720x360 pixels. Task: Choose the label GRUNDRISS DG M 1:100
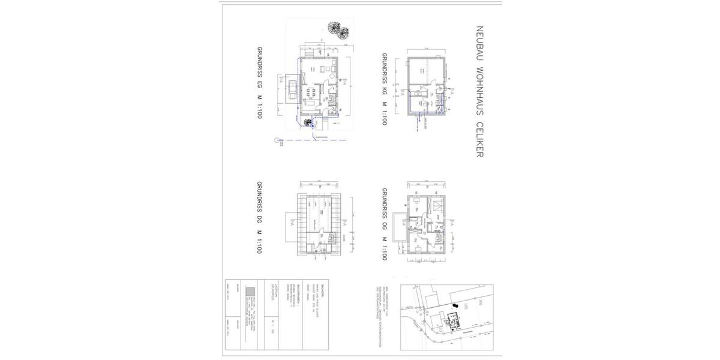click(260, 217)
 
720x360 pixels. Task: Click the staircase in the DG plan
click(332, 239)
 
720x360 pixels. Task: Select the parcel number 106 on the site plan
click(481, 304)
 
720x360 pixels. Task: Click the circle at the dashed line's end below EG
click(277, 140)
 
